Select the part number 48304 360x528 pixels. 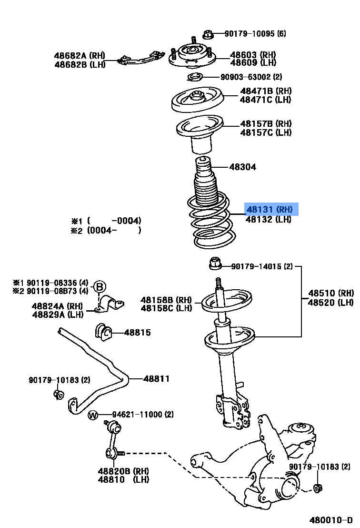(242, 167)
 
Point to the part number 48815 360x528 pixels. (138, 333)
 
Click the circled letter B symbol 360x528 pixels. (99, 287)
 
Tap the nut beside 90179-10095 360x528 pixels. (207, 34)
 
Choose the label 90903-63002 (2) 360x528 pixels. (251, 77)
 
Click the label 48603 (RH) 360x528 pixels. (253, 55)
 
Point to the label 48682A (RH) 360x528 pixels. (80, 56)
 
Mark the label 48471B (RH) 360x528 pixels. (265, 91)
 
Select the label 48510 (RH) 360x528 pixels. (331, 293)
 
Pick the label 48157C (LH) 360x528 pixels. (265, 132)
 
